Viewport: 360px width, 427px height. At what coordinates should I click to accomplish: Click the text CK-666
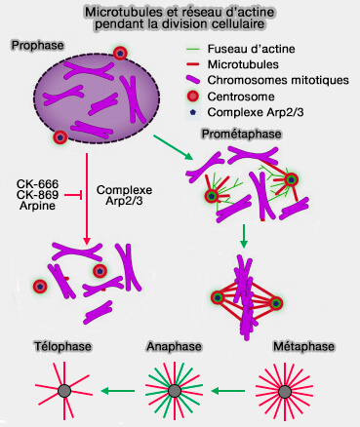[39, 182]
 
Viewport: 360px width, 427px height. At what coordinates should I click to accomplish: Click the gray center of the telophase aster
[63, 391]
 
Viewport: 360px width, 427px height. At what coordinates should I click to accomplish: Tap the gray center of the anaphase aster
[174, 391]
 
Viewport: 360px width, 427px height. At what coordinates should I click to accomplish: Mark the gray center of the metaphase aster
[290, 391]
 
